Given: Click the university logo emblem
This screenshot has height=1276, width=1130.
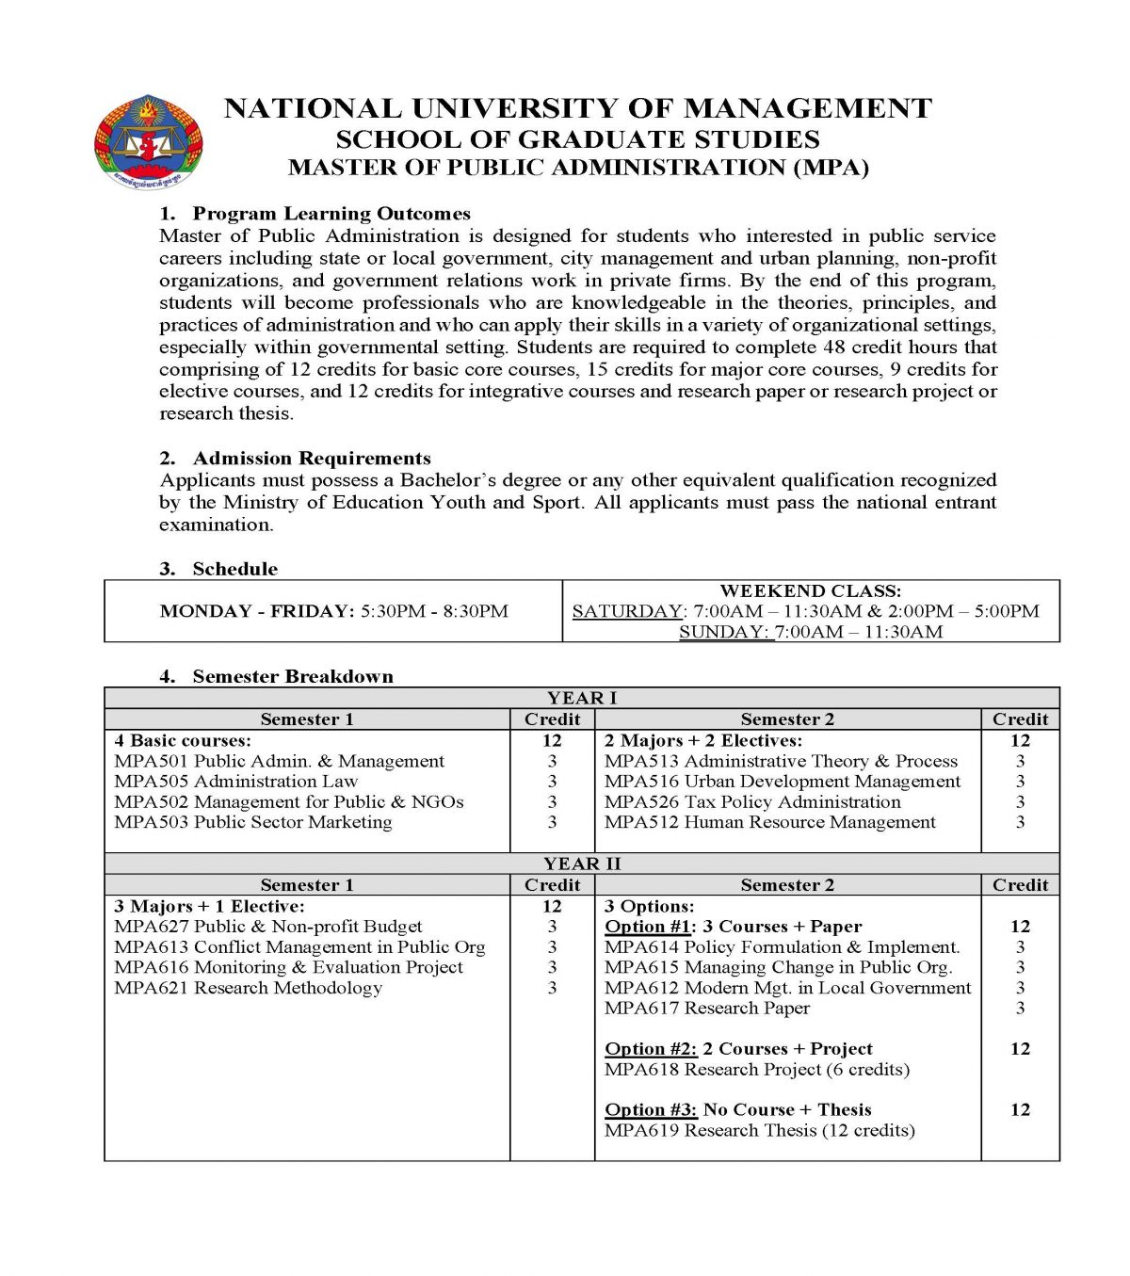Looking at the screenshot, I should (x=148, y=140).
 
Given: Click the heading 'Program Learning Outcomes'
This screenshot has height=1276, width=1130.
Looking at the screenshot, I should (x=331, y=214).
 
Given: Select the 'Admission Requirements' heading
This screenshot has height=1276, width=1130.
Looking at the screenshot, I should (x=311, y=459).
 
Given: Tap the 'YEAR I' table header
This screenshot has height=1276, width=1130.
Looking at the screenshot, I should (x=581, y=698).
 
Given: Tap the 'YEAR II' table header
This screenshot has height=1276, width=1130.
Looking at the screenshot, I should (x=581, y=864).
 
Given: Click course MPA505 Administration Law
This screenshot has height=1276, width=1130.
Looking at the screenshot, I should (x=235, y=782).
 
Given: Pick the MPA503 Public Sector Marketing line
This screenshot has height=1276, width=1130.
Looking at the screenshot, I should (x=252, y=822).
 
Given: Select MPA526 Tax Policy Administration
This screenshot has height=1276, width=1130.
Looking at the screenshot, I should (x=751, y=802).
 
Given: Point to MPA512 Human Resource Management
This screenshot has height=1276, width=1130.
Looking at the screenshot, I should (x=769, y=822).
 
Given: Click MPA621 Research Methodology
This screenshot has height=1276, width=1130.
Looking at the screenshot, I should (x=248, y=988).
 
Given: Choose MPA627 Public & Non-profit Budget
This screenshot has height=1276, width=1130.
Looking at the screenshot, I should (x=267, y=927).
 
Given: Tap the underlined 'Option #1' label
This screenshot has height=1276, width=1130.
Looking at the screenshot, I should (x=649, y=927).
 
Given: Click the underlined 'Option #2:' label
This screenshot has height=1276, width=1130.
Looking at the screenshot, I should (x=650, y=1049).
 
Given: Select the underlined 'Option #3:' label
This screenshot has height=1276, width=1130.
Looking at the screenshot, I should (x=650, y=1110).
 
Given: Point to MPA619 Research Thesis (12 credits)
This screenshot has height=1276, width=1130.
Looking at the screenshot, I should (x=759, y=1130).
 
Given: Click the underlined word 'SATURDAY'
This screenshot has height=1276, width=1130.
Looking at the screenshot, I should (x=627, y=611).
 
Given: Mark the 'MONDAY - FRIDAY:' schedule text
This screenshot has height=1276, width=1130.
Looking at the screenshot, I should (x=257, y=611).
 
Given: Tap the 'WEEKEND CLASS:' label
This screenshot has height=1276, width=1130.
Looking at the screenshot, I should (x=810, y=591).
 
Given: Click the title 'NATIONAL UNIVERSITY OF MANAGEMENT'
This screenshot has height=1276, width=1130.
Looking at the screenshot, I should (x=577, y=108).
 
